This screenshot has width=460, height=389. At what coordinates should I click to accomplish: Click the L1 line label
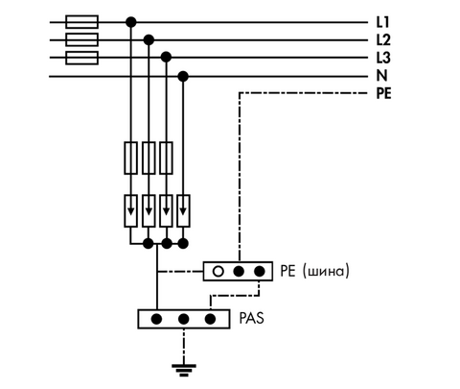coord(383,22)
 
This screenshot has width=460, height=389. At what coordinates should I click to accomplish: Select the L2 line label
coord(383,40)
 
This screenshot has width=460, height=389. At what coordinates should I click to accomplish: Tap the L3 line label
coord(383,58)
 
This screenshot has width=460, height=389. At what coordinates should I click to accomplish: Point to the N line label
coord(381,76)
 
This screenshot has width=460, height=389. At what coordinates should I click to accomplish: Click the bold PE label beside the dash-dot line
coord(383,93)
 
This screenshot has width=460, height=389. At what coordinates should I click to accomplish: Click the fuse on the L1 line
coord(81,22)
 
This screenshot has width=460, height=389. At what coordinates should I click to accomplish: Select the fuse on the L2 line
coord(81,39)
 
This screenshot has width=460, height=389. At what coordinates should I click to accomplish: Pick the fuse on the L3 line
coord(81,58)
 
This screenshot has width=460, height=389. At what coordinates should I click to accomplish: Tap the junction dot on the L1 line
coord(130,22)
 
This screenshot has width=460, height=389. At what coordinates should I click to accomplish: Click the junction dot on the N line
coord(183,77)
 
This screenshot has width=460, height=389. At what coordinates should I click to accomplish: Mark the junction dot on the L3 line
coord(166,58)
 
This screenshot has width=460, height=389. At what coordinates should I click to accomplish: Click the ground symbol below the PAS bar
coord(184,370)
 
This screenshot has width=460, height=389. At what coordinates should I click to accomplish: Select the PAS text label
coord(252,318)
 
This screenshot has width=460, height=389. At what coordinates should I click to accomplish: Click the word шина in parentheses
coord(327,272)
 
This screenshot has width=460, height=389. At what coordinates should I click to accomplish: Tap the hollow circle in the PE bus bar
coord(218,272)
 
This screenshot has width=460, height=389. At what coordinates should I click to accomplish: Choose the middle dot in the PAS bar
coord(183,319)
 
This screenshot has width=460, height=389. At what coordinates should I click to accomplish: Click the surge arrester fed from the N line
coord(183,211)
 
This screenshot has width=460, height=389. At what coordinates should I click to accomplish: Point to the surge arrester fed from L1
coord(130,211)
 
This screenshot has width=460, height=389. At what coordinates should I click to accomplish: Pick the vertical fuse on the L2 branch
coord(149,158)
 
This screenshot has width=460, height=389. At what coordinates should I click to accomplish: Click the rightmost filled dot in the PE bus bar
coord(260,272)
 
